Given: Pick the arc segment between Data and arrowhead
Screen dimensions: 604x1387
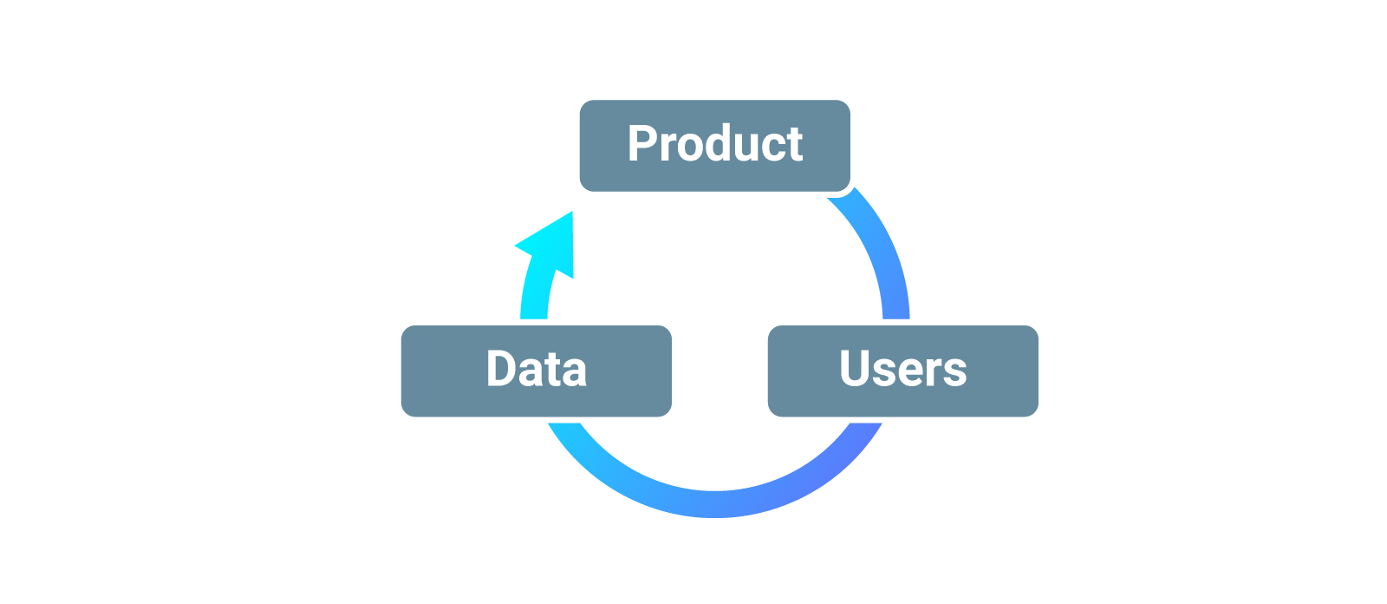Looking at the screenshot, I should tap(534, 299).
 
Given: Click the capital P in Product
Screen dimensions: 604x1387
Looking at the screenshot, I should tap(642, 144).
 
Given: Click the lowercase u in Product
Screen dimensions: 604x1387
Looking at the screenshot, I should tap(744, 148).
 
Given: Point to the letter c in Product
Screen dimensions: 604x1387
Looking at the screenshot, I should tap(770, 148).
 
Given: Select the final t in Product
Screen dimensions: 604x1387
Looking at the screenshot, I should tap(792, 146).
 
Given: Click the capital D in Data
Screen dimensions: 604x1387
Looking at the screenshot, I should tap(502, 369).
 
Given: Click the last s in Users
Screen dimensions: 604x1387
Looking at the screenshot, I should tap(954, 373).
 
